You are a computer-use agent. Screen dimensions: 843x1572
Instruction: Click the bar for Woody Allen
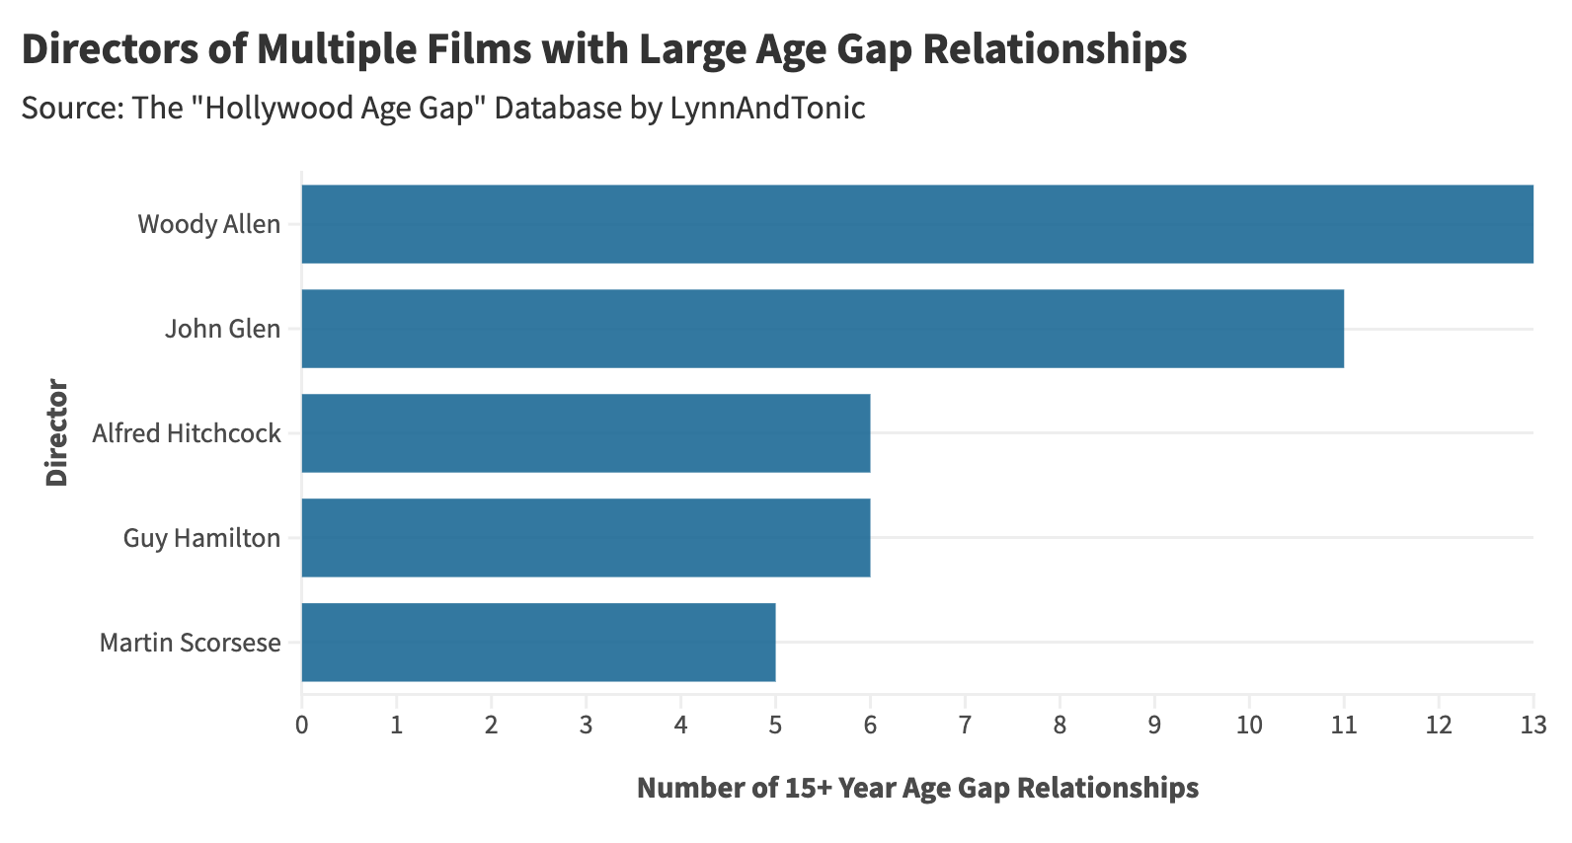point(916,224)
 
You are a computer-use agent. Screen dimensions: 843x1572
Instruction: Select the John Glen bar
point(822,329)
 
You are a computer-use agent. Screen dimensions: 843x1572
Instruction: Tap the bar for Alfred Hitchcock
point(586,433)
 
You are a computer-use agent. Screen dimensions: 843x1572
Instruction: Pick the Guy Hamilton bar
point(586,538)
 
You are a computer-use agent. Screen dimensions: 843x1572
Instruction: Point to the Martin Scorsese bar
point(538,643)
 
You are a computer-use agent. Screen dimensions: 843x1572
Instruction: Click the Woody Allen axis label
point(209,224)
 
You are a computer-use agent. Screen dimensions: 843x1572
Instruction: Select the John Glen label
point(222,329)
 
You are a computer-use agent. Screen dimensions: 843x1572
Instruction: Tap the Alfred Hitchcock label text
point(187,433)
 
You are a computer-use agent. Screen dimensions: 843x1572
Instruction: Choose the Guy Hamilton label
point(201,538)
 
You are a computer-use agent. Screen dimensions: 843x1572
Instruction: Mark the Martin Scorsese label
point(191,643)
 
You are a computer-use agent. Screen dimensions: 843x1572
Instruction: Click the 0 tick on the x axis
point(301,726)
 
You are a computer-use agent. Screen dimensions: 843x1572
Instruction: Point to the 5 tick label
point(775,726)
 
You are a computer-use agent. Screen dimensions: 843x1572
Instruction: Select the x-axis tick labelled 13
point(1533,726)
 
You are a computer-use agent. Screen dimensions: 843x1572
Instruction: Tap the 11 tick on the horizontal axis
point(1344,726)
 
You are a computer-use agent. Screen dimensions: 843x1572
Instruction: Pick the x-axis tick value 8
point(1060,726)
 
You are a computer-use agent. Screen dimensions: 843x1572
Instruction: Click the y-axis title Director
point(56,432)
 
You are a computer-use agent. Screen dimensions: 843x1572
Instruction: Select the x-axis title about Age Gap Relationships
point(917,788)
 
